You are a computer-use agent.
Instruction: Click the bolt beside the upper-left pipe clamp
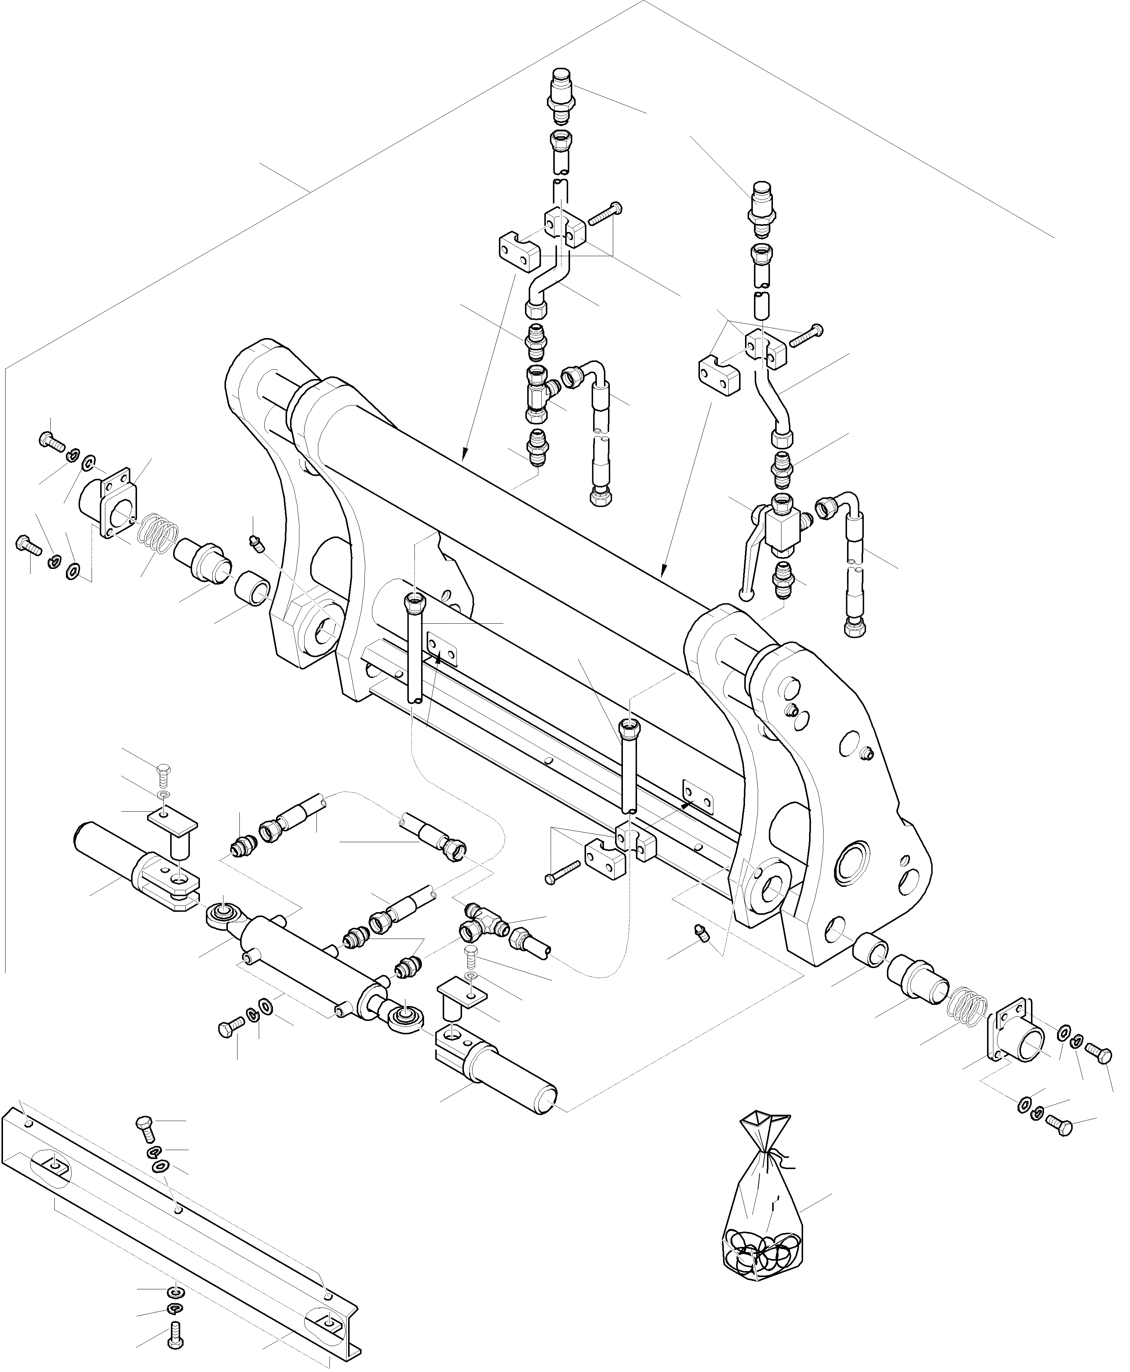[605, 213]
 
